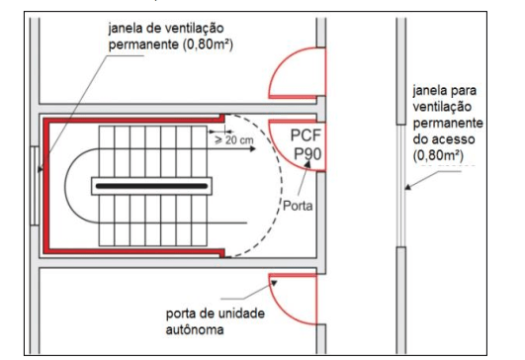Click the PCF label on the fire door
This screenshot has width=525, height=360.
306,135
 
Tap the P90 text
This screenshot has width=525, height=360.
307,153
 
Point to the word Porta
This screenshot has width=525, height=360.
298,206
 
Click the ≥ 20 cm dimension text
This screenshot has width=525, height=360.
233,140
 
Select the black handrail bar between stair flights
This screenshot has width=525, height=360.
151,186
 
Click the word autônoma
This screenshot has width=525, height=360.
195,330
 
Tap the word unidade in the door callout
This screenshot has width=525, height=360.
239,314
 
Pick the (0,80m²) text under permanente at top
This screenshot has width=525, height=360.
208,45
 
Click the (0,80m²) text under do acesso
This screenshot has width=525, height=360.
438,155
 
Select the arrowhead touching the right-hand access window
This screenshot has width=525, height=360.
407,187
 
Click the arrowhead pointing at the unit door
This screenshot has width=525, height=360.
274,283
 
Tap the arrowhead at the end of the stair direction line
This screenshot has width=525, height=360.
252,148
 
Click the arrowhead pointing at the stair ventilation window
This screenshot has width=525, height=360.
41,169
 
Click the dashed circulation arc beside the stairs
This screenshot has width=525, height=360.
281,186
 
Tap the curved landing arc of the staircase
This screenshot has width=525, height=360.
65,186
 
